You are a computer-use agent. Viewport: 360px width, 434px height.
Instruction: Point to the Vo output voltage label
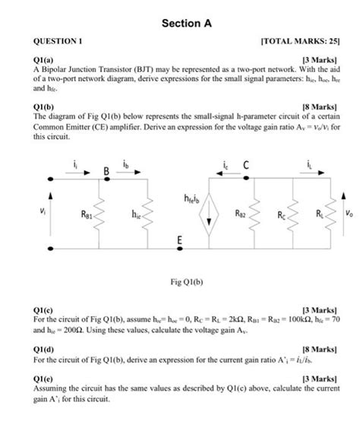pyautogui.click(x=348, y=214)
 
